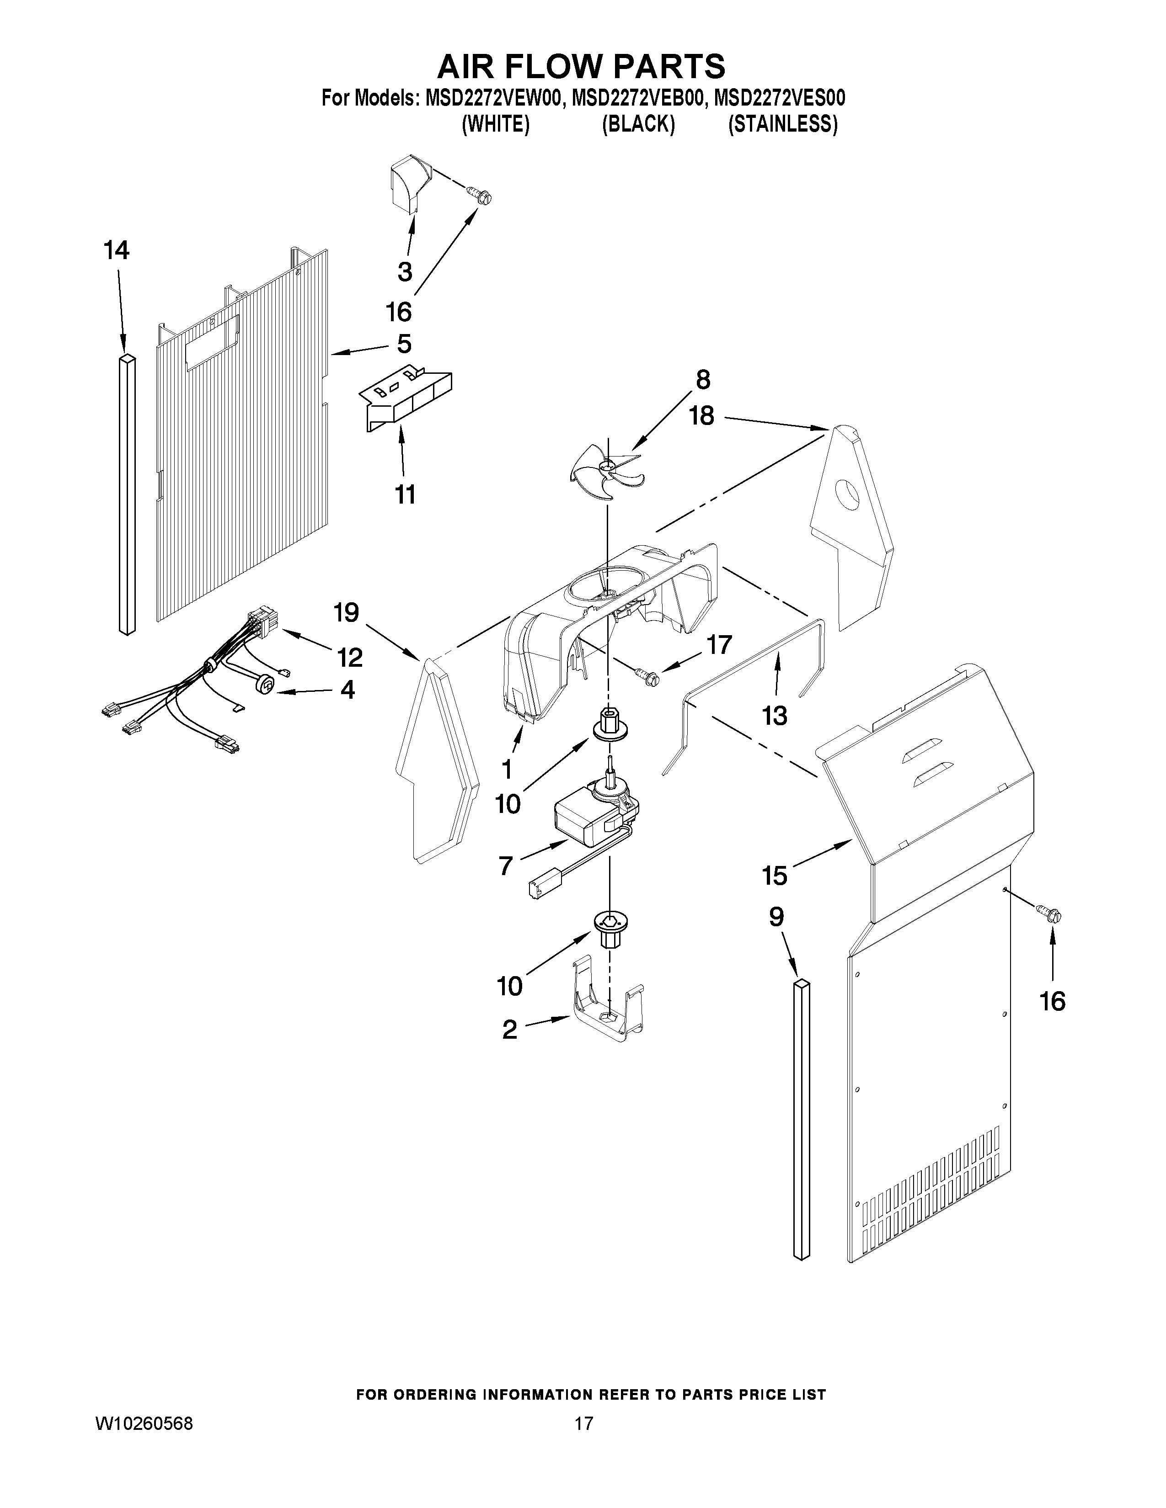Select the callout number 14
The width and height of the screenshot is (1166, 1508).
click(x=117, y=250)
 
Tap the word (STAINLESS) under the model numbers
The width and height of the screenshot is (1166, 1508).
click(x=783, y=125)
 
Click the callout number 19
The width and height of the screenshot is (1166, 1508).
click(x=346, y=612)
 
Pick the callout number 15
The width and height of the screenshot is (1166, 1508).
click(x=774, y=876)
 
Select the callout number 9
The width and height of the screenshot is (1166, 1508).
click(x=776, y=917)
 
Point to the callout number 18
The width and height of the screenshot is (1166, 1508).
click(x=702, y=416)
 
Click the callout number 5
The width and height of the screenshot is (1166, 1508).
click(x=404, y=343)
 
